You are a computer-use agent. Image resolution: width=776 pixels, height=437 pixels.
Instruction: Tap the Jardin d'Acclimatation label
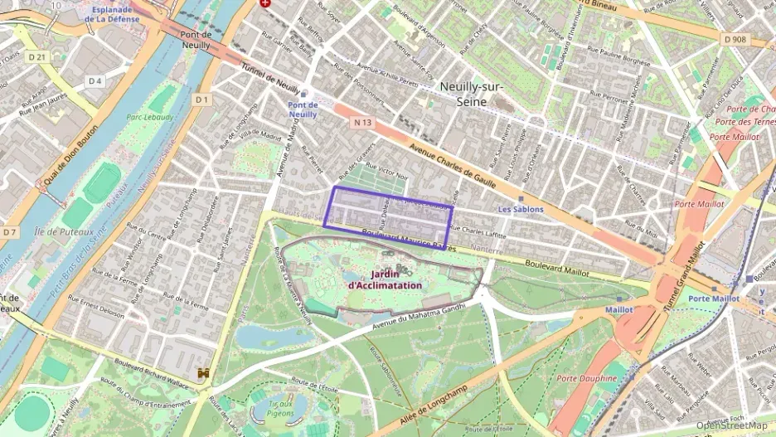point(385,279)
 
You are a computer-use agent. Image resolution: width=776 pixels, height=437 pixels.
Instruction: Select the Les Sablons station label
point(520,210)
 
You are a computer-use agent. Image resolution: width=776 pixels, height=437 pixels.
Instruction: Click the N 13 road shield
point(360,122)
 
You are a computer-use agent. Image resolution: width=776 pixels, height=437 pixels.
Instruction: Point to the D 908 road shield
point(735,39)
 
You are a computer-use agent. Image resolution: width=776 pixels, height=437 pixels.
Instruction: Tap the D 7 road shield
point(9,232)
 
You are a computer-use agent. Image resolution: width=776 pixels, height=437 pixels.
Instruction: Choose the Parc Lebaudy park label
point(150,118)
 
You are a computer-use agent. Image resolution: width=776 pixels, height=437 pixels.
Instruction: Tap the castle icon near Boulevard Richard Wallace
point(204,373)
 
